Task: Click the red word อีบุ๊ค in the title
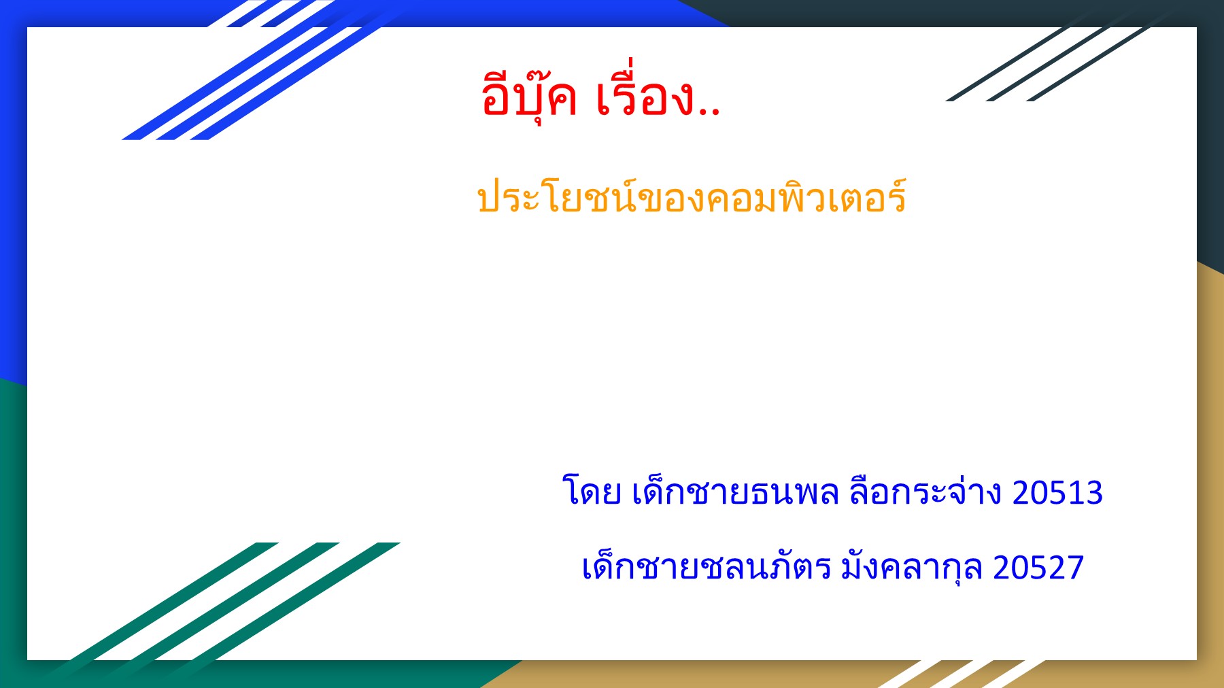click(529, 97)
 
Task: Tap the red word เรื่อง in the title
click(645, 97)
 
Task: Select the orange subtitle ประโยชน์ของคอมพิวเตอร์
click(692, 198)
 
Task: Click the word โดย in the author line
click(592, 492)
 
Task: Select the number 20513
click(1057, 492)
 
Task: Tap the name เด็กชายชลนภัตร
click(706, 567)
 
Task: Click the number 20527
click(1038, 567)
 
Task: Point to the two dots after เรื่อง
click(709, 111)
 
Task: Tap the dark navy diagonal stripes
click(1047, 65)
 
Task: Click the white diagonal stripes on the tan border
click(959, 674)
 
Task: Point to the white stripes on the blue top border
click(272, 14)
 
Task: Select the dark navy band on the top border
click(952, 13)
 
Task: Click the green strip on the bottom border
click(272, 674)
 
